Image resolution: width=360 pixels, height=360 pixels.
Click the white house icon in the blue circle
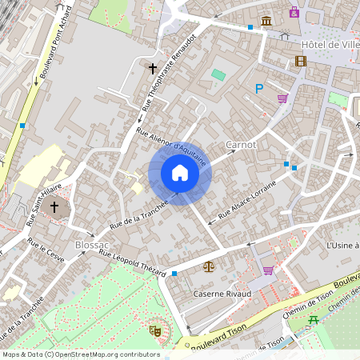click(x=179, y=173)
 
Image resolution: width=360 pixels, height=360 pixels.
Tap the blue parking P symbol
click(x=258, y=89)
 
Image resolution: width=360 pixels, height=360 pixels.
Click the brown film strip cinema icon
click(x=301, y=61)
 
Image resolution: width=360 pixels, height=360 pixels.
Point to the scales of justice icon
click(x=209, y=266)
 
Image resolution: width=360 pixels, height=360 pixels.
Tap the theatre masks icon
click(x=155, y=329)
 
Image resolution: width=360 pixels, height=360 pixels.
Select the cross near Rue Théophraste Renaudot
click(x=152, y=69)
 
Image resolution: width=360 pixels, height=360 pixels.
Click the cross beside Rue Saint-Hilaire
click(x=54, y=207)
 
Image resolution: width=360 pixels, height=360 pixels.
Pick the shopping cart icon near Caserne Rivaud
click(x=267, y=270)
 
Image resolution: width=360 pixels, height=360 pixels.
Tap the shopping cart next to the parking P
click(x=282, y=99)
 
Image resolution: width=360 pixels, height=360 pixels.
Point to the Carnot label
click(x=241, y=145)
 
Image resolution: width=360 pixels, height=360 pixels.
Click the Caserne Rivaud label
click(x=222, y=294)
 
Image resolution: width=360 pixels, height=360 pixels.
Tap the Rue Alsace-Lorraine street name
click(x=247, y=199)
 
